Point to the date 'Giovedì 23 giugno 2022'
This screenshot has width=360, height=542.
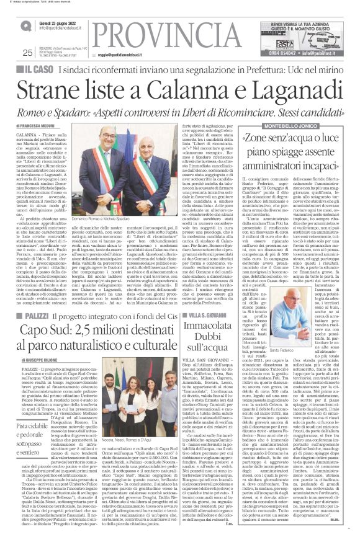pos(58,22)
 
